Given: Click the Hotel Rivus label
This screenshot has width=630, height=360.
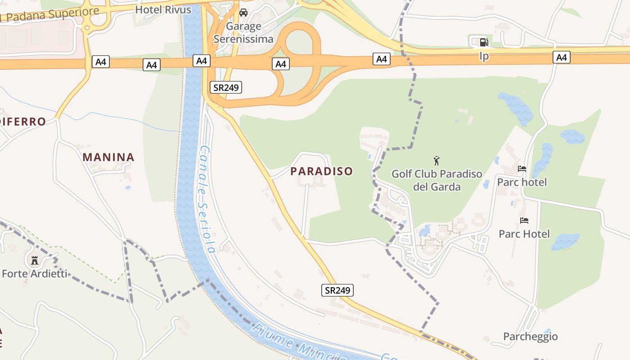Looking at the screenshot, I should click(x=163, y=9).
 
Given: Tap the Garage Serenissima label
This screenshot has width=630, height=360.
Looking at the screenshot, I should click(x=243, y=32).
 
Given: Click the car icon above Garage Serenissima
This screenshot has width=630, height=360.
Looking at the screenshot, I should click(x=243, y=13).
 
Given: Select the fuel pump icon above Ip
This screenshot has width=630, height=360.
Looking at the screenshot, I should click(x=484, y=42).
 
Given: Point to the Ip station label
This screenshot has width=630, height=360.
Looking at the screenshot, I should click(x=484, y=56).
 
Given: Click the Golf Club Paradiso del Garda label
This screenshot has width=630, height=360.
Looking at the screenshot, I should click(x=436, y=180).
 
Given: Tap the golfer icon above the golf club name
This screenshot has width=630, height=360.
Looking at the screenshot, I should click(x=436, y=161).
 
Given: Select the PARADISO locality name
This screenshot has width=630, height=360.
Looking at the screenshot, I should click(x=322, y=171).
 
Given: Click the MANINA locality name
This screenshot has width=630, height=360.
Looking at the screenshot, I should click(x=108, y=157).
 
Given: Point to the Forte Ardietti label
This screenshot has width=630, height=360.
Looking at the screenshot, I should click(x=35, y=273).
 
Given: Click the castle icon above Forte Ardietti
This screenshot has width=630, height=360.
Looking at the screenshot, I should click(x=35, y=260).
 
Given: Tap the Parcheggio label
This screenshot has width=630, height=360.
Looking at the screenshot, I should click(x=530, y=336).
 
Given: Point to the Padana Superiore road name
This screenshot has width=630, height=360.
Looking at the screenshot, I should click(x=49, y=15).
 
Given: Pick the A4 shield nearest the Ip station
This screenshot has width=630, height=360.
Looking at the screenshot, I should click(x=561, y=57).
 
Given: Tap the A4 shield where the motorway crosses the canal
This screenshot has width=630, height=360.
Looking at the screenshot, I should click(x=201, y=60).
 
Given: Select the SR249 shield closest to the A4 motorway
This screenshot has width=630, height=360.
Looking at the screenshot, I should click(x=225, y=87).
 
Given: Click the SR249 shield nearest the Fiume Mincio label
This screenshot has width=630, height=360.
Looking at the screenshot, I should click(x=337, y=290).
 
